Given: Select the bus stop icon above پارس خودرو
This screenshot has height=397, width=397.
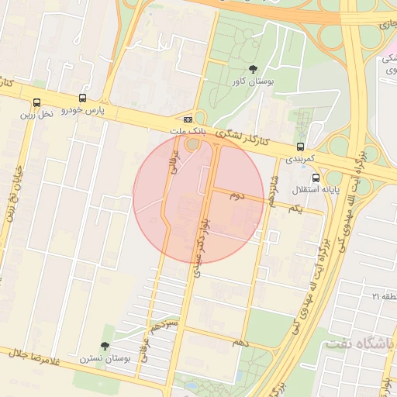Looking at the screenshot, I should pyautogui.click(x=83, y=99).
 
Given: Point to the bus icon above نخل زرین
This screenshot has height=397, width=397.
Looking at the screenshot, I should pyautogui.click(x=36, y=102).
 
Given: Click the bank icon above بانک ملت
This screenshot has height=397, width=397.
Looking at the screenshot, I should pyautogui.click(x=188, y=120).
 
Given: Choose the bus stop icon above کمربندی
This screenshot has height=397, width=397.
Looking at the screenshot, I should pyautogui.click(x=300, y=147).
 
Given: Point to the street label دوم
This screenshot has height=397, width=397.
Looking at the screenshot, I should pyautogui.click(x=236, y=196).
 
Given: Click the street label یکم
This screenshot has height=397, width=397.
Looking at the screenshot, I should pyautogui.click(x=294, y=209).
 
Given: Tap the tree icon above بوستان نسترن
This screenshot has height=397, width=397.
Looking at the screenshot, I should pyautogui.click(x=105, y=347).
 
